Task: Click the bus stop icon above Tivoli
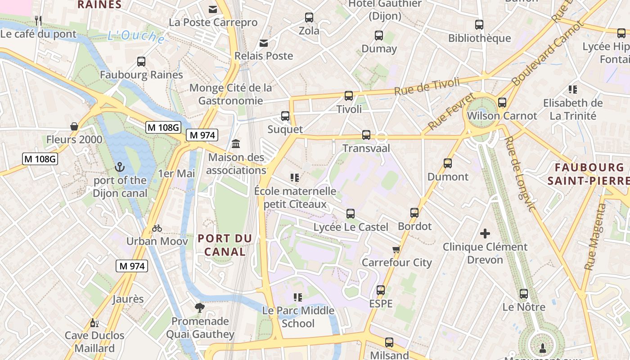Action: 349,95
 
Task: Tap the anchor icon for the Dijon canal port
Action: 120,167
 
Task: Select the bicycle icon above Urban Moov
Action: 157,228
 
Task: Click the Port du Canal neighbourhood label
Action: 225,245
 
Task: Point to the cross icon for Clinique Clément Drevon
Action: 485,233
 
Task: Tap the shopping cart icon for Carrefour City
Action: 396,249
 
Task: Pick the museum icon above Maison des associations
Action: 236,144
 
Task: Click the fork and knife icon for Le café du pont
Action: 38,20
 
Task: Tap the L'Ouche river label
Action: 136,36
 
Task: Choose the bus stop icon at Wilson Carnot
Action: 502,103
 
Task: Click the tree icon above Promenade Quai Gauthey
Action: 200,308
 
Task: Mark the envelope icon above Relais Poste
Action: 264,43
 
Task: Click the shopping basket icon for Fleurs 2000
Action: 74,126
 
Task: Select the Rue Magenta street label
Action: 595,237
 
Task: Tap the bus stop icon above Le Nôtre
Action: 524,294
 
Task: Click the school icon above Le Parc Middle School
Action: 297,297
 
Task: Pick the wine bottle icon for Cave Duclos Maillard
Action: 94,323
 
